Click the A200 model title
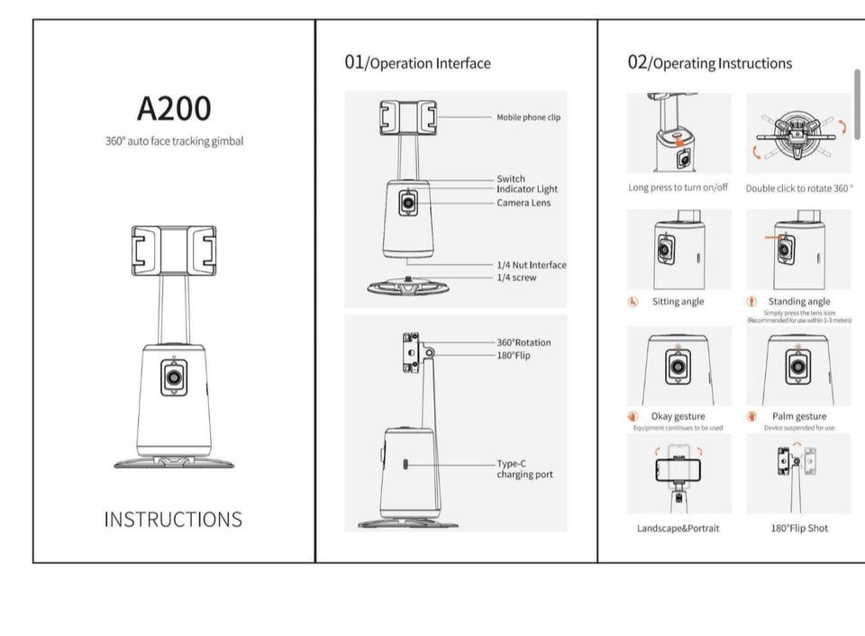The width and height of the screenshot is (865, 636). pos(174,108)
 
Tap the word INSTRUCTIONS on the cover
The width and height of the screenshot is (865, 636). pos(173,520)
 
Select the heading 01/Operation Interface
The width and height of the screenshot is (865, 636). pos(417,63)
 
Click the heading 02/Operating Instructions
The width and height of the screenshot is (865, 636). pos(709,63)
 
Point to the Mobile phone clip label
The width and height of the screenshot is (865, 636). pos(528,117)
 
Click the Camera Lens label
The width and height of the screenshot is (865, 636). pos(524,203)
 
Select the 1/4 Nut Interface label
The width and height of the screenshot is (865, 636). pos(532,265)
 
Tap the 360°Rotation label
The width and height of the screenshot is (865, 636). pos(524,342)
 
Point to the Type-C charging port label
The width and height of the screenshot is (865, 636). pos(524,468)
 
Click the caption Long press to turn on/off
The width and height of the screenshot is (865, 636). pos(678,187)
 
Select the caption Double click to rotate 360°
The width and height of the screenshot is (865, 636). pos(798,188)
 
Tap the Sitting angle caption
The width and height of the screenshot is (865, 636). pos(678,302)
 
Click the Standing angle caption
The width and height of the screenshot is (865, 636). pos(799,302)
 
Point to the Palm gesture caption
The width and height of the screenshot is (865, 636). pos(799,416)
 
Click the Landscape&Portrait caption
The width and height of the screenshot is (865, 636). pos(678,528)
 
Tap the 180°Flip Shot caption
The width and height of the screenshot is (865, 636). pos(799,528)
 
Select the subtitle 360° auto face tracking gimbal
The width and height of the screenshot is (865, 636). pos(174,141)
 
